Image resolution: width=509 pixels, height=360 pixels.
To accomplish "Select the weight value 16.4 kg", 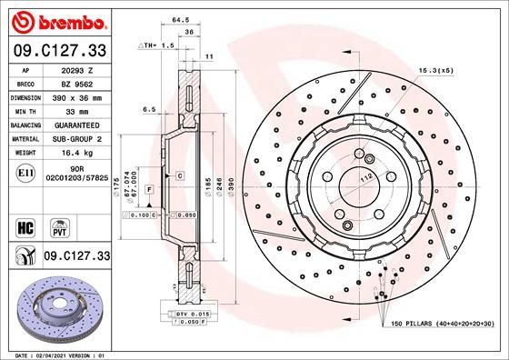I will click(x=76, y=155).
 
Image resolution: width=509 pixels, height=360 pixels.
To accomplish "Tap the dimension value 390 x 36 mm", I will click(x=76, y=95).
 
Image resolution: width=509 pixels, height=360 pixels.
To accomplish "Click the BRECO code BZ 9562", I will click(x=76, y=82).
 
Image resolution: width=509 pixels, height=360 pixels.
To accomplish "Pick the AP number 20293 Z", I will click(x=76, y=68).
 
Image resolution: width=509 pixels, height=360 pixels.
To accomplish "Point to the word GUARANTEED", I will click(x=76, y=125).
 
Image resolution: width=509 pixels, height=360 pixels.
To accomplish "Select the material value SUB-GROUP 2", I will click(x=76, y=139).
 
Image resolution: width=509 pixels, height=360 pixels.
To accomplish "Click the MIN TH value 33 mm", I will click(x=76, y=110).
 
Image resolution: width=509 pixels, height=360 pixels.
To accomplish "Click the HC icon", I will click(x=25, y=225).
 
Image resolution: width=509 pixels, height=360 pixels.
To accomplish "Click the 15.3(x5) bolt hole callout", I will click(x=437, y=67).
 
